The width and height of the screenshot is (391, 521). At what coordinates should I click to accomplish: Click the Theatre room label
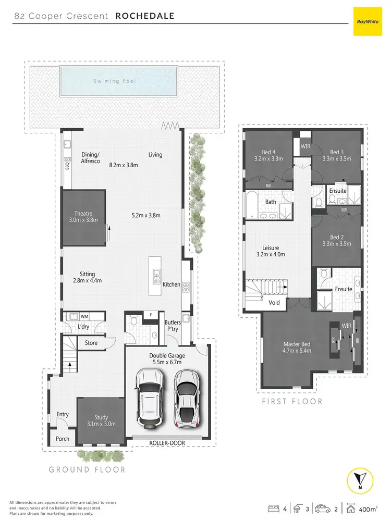83,213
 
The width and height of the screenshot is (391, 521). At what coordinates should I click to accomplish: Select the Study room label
101,417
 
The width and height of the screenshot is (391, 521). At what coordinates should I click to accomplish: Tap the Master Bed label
297,344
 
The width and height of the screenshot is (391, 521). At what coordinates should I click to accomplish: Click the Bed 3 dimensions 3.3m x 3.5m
336,159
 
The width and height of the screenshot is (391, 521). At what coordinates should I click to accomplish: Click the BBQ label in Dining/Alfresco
67,166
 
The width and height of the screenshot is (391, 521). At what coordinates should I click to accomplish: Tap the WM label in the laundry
84,316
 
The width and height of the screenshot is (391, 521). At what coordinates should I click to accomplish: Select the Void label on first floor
274,302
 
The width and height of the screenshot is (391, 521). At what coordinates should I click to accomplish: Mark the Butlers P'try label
173,326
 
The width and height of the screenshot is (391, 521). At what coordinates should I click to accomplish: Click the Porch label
63,439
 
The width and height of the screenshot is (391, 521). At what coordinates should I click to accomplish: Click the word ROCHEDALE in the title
144,16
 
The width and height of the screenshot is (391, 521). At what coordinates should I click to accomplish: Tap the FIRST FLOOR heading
292,401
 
